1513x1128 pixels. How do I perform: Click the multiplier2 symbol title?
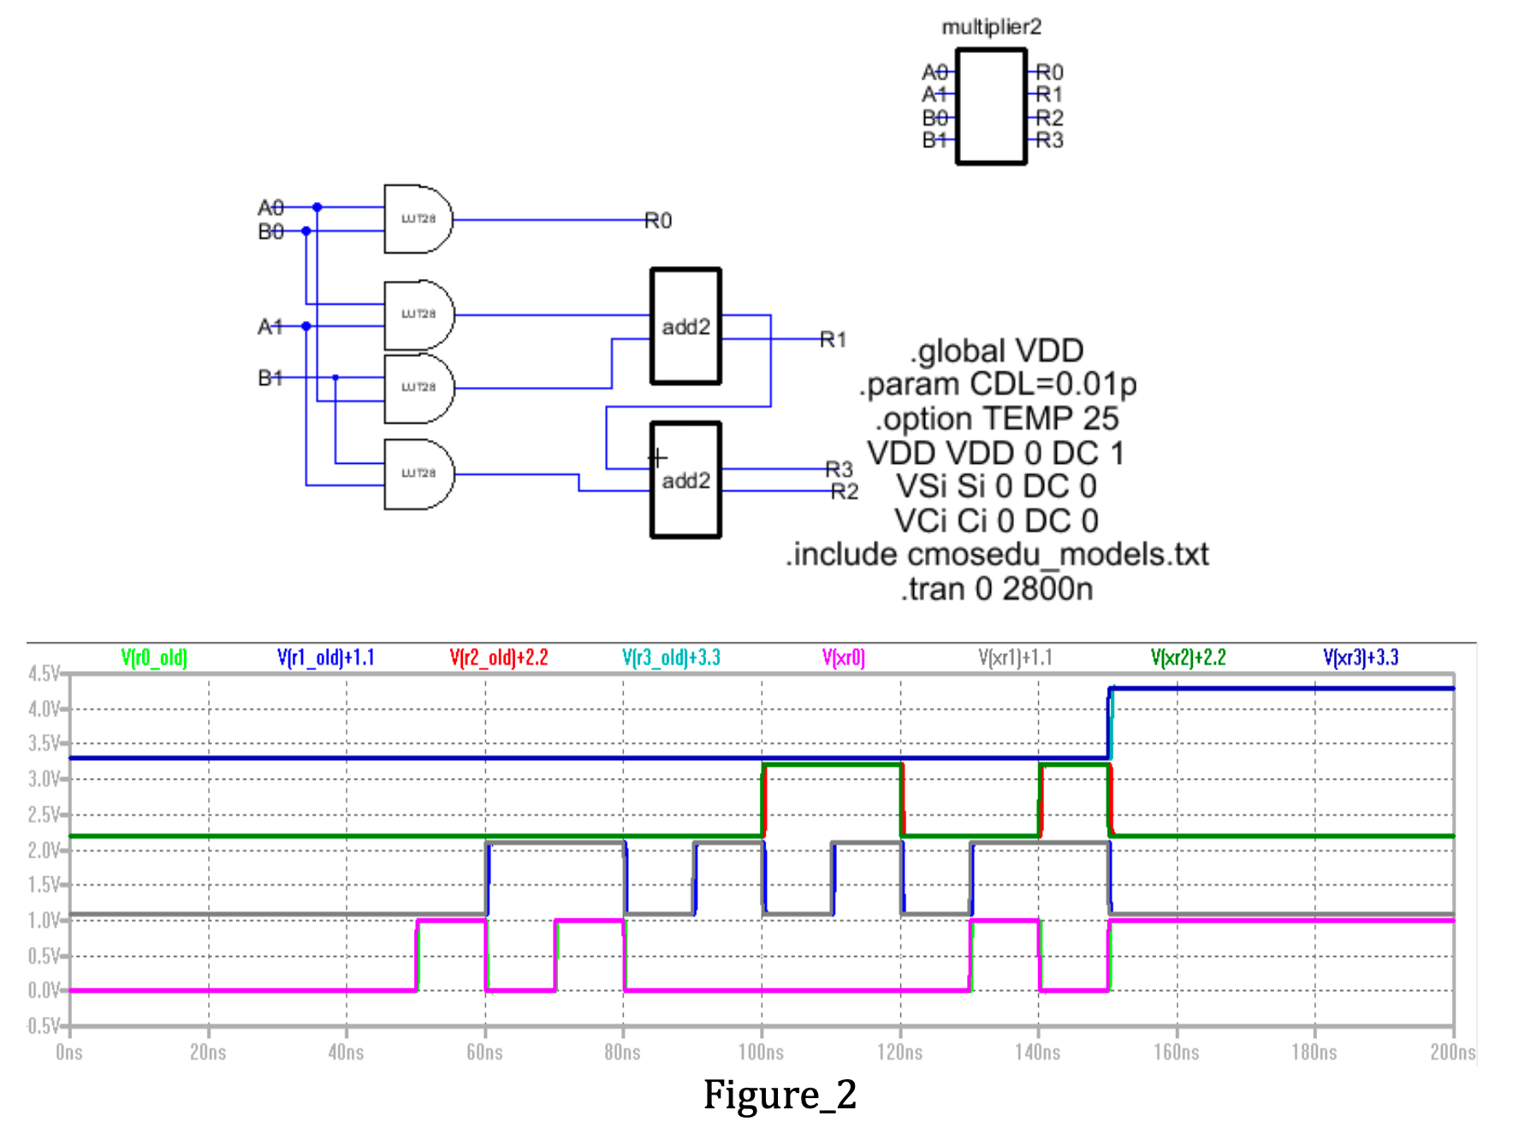(991, 27)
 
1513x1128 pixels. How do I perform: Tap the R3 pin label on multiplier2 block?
(1050, 140)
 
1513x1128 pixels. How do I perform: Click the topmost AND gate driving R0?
(417, 219)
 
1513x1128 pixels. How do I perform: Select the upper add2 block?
(685, 326)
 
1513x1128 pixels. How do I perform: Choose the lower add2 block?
(685, 480)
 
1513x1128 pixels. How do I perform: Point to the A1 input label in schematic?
(270, 326)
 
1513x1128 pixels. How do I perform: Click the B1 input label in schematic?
(270, 377)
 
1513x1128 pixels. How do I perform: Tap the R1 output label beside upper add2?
(833, 340)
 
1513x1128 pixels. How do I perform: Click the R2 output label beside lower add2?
(844, 491)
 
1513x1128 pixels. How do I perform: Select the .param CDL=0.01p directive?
(997, 384)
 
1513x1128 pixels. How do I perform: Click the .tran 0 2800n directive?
(997, 589)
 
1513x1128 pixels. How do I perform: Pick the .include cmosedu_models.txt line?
(997, 555)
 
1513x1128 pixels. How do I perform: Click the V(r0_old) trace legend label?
(154, 657)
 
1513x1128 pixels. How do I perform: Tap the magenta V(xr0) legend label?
(843, 657)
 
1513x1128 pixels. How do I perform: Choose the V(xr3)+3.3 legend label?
(1360, 657)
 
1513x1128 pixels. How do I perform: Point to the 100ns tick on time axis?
(761, 1052)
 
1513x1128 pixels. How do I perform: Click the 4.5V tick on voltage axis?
(43, 674)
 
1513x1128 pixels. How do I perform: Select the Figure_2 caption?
(780, 1095)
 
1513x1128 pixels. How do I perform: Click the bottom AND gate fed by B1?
(418, 473)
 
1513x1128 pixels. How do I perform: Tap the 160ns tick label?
(1176, 1052)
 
